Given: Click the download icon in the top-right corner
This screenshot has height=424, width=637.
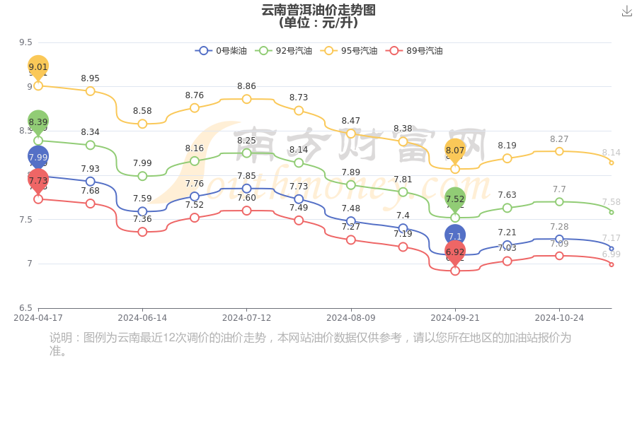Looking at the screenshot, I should [626, 11].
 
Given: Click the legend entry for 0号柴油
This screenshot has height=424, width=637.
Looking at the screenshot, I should [222, 51].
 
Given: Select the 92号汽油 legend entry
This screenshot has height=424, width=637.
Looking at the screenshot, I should [284, 51].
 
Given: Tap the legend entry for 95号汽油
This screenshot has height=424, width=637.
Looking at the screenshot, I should [349, 51].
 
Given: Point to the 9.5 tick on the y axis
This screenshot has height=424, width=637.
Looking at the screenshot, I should [25, 42].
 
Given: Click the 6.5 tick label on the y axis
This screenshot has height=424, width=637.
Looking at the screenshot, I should [25, 308].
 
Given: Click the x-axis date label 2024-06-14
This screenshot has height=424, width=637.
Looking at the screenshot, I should [142, 318].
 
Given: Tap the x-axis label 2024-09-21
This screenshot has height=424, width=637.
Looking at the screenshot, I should [455, 318].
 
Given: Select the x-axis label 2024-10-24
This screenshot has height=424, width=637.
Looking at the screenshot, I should [559, 318].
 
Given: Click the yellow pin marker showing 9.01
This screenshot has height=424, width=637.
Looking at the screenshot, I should [38, 67].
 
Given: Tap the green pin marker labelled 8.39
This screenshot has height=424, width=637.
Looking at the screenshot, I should [38, 122].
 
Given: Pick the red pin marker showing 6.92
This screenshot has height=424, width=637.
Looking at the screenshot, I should [455, 252].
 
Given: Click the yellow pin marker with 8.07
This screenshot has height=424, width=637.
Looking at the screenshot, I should [455, 151].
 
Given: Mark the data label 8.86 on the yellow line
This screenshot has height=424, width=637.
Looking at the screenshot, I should [246, 86].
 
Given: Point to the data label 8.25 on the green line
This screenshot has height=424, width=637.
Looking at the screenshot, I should [246, 141].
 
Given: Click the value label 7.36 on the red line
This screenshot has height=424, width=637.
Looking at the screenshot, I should [142, 219].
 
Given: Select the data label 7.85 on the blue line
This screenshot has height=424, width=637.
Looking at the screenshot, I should [246, 176].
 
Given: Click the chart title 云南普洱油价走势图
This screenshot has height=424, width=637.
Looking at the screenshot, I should [318, 10].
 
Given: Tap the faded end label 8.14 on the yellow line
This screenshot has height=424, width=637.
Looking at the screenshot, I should [611, 153].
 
